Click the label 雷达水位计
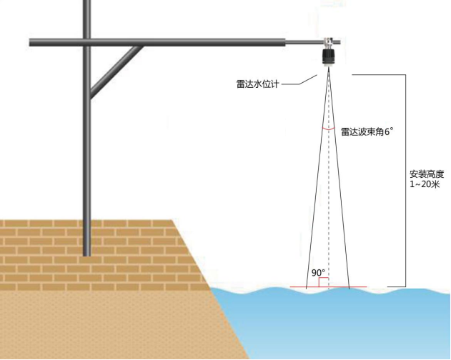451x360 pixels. (257, 84)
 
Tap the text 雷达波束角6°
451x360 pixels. (367, 131)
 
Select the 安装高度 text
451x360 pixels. (427, 174)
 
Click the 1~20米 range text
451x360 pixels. (425, 184)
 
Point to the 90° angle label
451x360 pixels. (318, 273)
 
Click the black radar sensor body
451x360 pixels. (327, 58)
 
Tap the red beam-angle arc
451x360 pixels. (328, 129)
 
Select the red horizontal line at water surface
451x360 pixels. (328, 286)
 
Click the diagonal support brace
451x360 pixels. (116, 71)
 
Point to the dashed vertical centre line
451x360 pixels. (329, 179)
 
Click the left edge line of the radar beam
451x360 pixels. (317, 179)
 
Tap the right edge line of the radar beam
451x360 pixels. (339, 179)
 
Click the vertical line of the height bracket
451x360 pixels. (406, 181)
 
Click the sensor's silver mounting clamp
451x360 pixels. (328, 43)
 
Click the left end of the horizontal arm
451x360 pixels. (31, 43)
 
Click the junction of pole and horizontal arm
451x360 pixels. (87, 43)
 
